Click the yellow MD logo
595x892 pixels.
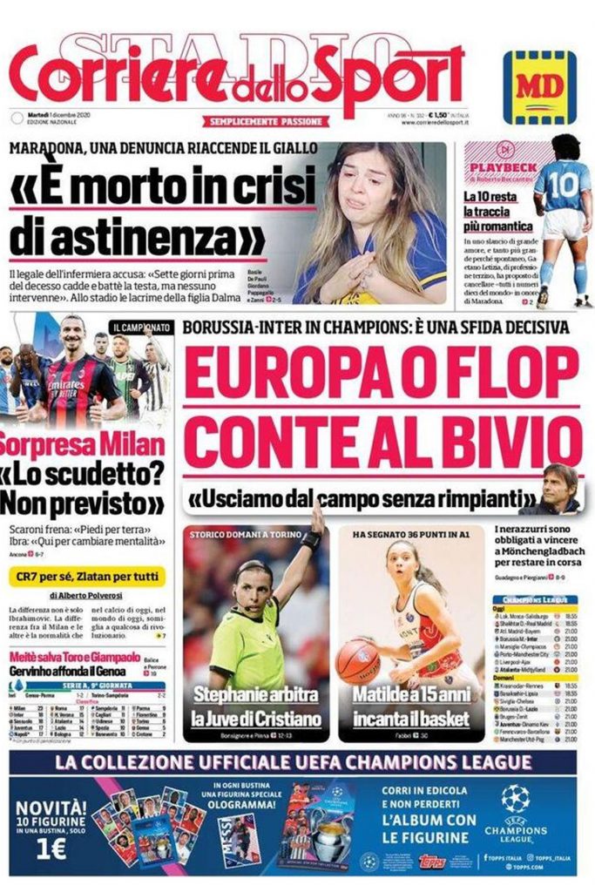point(539,87)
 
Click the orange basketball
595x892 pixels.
point(358,660)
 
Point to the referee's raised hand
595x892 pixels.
point(316,520)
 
